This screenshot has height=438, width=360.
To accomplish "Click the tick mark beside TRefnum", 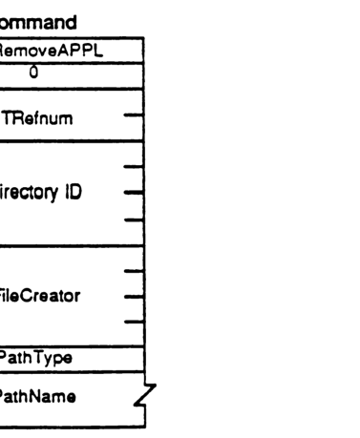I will click(135, 120).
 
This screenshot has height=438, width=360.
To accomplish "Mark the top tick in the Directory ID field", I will click(135, 167).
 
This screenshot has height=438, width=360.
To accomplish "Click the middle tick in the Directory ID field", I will click(135, 191).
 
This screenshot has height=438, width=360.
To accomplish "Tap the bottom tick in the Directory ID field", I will click(135, 219).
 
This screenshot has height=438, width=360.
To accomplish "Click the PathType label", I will click(43, 358).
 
